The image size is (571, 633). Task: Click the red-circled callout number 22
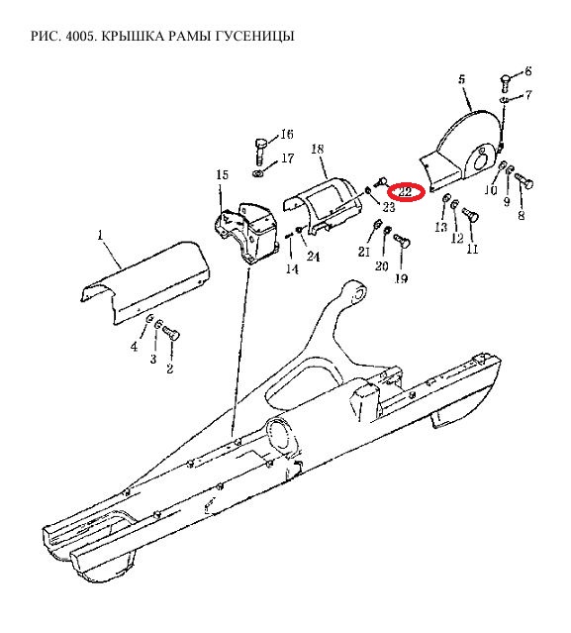coord(405,191)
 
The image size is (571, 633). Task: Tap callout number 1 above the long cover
coord(100,235)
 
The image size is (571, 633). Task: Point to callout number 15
coord(223,174)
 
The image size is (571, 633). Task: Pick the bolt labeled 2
coord(171,334)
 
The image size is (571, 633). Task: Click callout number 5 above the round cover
coord(461,78)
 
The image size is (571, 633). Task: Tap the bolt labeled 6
coord(506,83)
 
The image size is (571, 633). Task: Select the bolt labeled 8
coord(524,183)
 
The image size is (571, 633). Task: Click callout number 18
coord(317,149)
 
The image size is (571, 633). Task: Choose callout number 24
coord(314,257)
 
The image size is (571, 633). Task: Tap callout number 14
coord(292,268)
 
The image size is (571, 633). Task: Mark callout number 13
coord(440,227)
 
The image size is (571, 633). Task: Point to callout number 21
coord(364,251)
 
